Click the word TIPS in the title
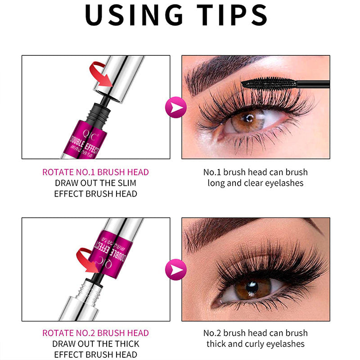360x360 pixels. (x=232, y=15)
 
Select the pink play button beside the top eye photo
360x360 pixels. (x=176, y=107)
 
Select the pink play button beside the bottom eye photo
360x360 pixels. (x=176, y=270)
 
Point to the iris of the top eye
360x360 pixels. (x=247, y=121)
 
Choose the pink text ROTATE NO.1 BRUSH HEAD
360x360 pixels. (x=95, y=172)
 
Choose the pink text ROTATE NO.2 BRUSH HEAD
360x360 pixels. (x=95, y=333)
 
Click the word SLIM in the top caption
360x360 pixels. (x=127, y=183)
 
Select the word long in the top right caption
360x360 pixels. (x=216, y=184)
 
